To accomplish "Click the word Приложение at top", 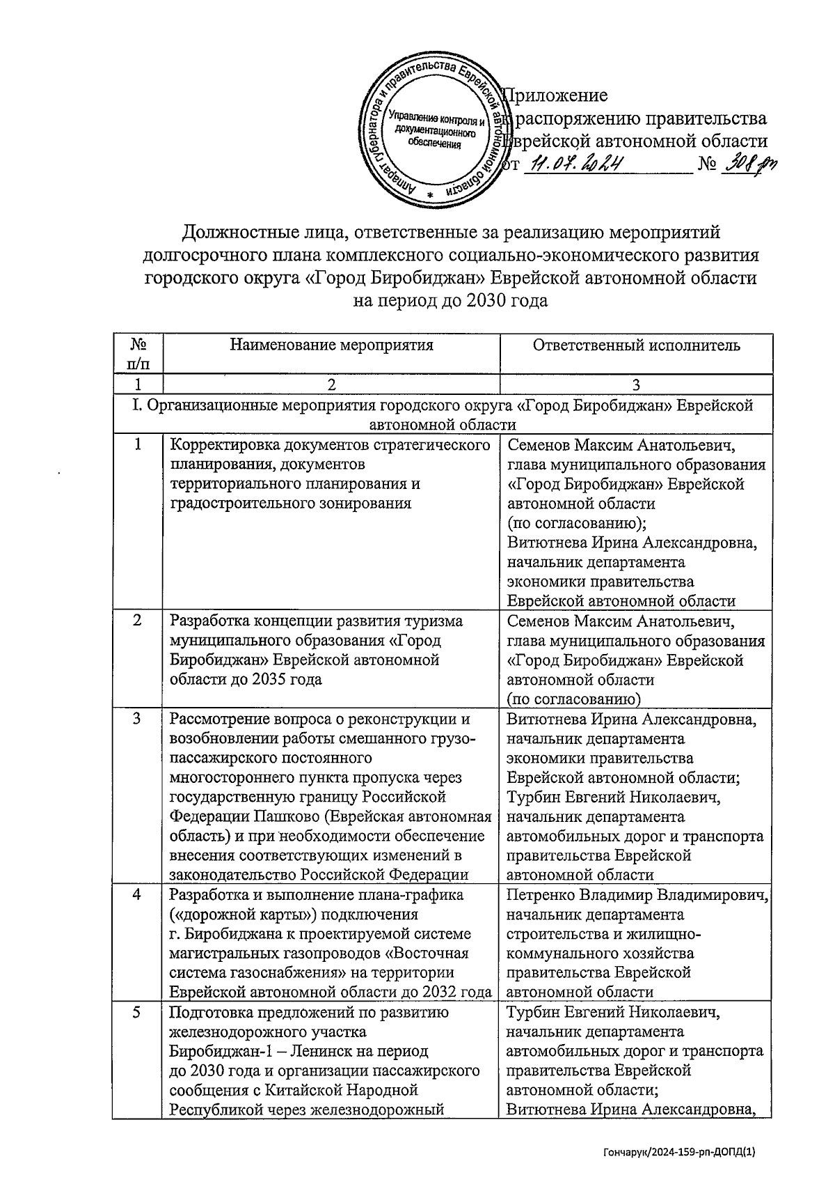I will tap(555, 95).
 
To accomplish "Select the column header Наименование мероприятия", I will tap(331, 345).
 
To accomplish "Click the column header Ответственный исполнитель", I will tap(636, 345).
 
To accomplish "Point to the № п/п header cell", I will tap(138, 354).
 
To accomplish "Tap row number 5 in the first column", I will tap(137, 1012).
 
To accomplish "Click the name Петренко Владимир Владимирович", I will tap(637, 895).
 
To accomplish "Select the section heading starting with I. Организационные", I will tap(443, 414).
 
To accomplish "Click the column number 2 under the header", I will tap(331, 384).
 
